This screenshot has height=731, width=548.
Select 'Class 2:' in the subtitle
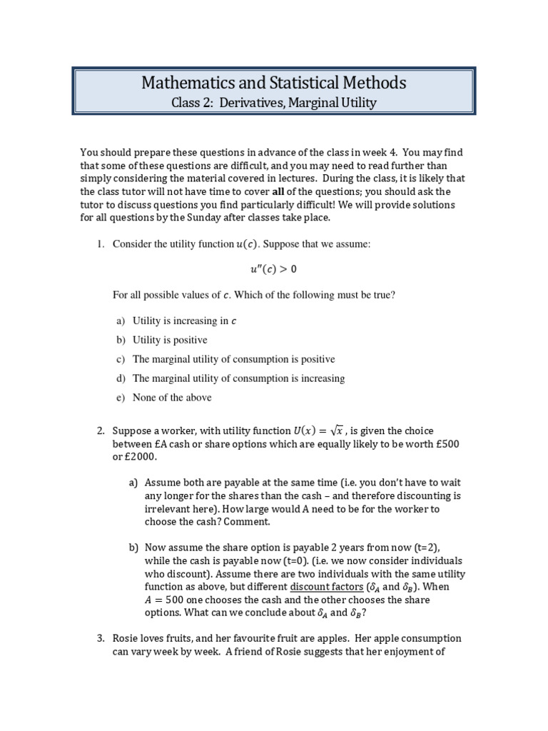[x=193, y=103]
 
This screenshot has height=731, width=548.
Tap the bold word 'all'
[x=280, y=192]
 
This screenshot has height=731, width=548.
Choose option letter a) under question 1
[x=121, y=321]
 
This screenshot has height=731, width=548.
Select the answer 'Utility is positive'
[x=170, y=341]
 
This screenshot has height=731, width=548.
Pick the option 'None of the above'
[x=172, y=398]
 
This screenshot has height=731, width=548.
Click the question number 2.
[x=101, y=430]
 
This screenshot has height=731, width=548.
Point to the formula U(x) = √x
[x=320, y=430]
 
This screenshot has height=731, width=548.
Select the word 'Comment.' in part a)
[x=219, y=521]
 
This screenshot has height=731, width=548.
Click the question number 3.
[x=101, y=638]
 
